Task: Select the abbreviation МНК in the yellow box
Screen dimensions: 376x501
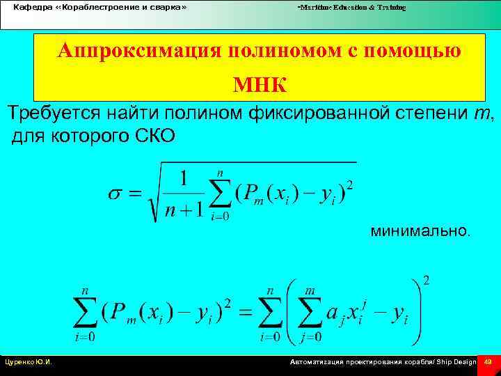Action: pos(260,84)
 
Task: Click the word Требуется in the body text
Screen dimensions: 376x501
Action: pos(54,113)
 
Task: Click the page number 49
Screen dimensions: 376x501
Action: pos(488,362)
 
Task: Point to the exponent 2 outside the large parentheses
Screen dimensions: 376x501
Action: pos(426,281)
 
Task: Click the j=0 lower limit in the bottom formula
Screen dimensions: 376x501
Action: pos(311,338)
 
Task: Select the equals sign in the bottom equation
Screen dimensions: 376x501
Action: pos(246,313)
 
